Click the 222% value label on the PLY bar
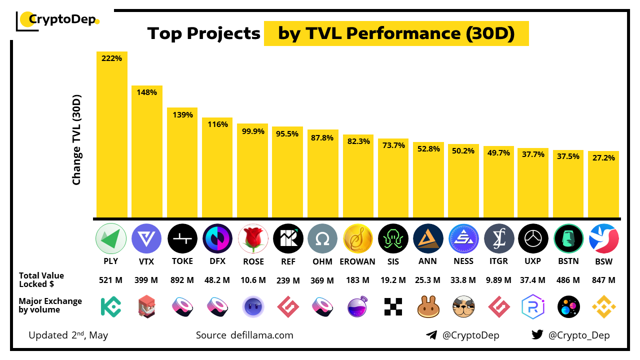[x=111, y=58]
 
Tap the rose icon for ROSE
[x=253, y=238]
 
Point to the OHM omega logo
[x=323, y=238]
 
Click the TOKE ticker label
[x=182, y=261]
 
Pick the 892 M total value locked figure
[x=182, y=280]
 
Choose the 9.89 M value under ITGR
[x=498, y=280]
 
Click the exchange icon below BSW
[x=603, y=306]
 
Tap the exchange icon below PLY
[x=111, y=306]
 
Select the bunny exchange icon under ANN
[x=428, y=306]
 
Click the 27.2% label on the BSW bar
[x=603, y=157]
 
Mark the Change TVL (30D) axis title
[x=76, y=140]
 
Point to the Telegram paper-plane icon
[x=431, y=335]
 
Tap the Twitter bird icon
[x=537, y=335]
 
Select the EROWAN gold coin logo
[x=358, y=238]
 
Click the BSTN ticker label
[x=568, y=261]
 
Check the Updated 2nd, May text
[x=68, y=335]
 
